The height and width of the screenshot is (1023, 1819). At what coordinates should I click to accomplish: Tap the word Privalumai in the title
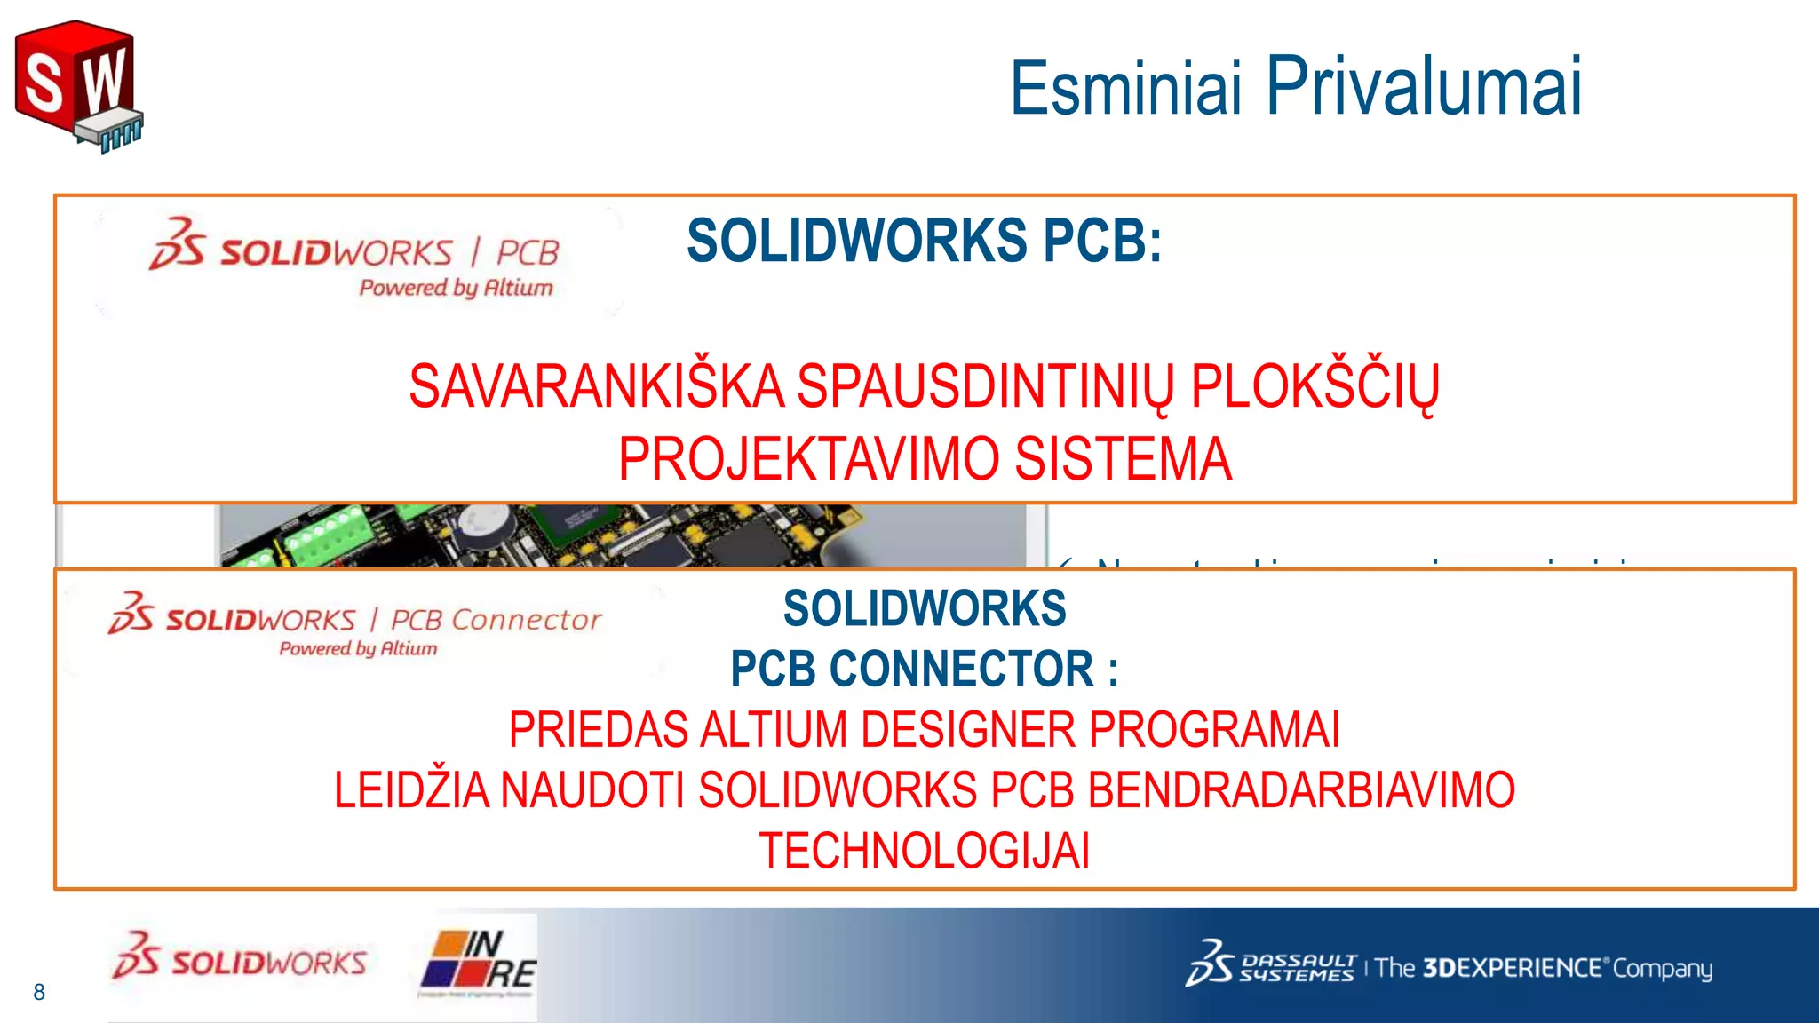[1423, 85]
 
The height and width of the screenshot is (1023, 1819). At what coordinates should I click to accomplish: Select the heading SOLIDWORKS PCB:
[924, 241]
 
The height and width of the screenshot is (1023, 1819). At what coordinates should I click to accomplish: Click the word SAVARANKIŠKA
[596, 388]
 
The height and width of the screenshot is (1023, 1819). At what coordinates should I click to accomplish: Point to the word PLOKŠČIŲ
[1315, 388]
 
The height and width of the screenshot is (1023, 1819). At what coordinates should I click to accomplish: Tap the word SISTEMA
[1123, 459]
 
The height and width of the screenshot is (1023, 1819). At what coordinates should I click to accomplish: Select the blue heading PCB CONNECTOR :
[924, 669]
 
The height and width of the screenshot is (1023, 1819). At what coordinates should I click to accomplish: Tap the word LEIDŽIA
[411, 790]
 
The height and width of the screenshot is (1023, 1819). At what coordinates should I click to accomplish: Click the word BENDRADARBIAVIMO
[1301, 790]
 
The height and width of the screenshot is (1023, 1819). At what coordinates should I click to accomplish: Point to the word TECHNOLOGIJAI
[924, 851]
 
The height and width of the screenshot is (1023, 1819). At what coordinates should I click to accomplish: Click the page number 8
[39, 992]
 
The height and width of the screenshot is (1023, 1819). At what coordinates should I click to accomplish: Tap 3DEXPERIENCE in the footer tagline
[1515, 967]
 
